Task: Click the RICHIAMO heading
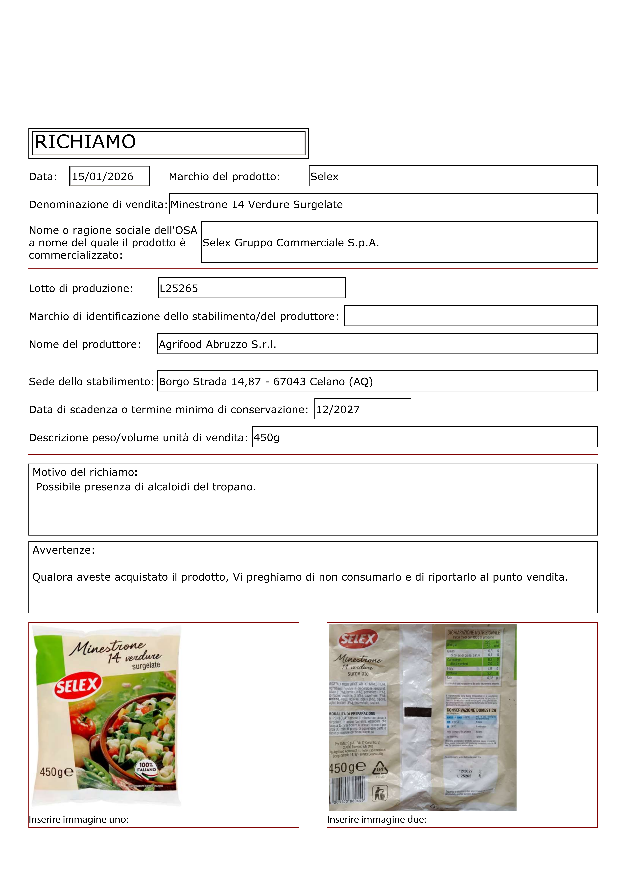tap(85, 142)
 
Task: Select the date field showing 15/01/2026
tap(109, 176)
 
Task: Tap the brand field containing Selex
tap(453, 176)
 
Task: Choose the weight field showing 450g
tap(267, 438)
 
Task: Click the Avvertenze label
tap(63, 550)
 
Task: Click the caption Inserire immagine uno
tap(79, 820)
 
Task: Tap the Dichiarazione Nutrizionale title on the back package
tap(473, 632)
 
